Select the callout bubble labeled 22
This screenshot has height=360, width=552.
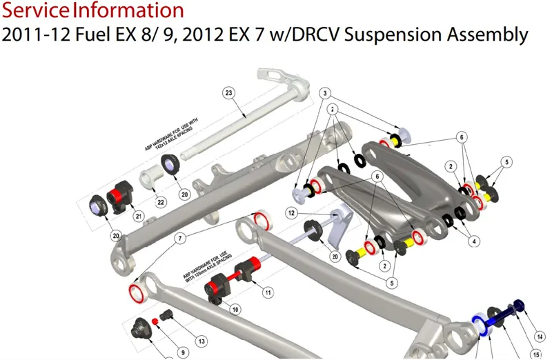[x=161, y=202]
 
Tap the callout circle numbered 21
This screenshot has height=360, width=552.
[x=139, y=217]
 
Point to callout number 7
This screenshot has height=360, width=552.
[x=181, y=238]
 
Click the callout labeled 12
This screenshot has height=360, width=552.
[x=292, y=214]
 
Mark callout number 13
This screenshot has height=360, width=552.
[x=201, y=341]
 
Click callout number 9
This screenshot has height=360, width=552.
[x=183, y=352]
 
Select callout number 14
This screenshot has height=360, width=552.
[x=540, y=337]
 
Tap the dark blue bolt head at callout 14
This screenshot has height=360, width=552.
[x=519, y=306]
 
